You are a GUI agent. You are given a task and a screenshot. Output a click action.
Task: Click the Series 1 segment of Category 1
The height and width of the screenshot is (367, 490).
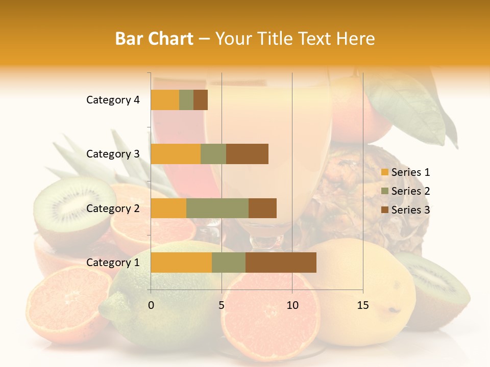pyautogui.click(x=181, y=263)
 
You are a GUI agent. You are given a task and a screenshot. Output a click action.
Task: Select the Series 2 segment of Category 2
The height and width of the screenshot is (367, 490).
pyautogui.click(x=217, y=208)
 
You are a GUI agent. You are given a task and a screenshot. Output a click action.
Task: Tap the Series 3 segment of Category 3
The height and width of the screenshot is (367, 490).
pyautogui.click(x=247, y=154)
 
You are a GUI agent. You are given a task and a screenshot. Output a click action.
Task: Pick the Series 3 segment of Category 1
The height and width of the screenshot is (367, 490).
pyautogui.click(x=281, y=263)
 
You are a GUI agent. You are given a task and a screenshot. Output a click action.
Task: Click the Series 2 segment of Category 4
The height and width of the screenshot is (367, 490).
pyautogui.click(x=186, y=100)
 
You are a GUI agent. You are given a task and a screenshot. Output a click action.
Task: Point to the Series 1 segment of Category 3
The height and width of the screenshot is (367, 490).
pyautogui.click(x=176, y=154)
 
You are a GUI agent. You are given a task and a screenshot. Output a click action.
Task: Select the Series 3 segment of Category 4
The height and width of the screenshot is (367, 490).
pyautogui.click(x=201, y=100)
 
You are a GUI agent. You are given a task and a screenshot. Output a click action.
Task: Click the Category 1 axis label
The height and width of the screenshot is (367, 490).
pyautogui.click(x=113, y=263)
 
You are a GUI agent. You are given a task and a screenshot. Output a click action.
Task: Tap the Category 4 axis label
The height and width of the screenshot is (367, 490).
pyautogui.click(x=113, y=100)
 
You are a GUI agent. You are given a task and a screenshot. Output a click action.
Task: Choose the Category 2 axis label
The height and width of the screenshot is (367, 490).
pyautogui.click(x=113, y=208)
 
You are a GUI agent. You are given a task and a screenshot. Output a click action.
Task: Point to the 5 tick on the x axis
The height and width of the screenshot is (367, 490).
pyautogui.click(x=222, y=305)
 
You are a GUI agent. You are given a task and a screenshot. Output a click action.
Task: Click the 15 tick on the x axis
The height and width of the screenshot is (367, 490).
pyautogui.click(x=362, y=305)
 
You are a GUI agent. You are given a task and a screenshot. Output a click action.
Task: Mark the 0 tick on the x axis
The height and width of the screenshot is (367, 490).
pyautogui.click(x=151, y=305)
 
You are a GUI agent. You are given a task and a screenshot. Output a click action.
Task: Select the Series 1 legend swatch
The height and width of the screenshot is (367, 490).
pyautogui.click(x=384, y=172)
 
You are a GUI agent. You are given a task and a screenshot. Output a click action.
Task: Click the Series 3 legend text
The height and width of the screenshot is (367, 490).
pyautogui.click(x=410, y=210)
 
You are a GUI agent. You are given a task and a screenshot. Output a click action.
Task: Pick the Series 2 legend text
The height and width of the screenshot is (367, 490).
pyautogui.click(x=410, y=191)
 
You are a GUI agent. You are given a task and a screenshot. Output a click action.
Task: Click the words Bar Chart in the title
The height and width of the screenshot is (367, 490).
pyautogui.click(x=154, y=38)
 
